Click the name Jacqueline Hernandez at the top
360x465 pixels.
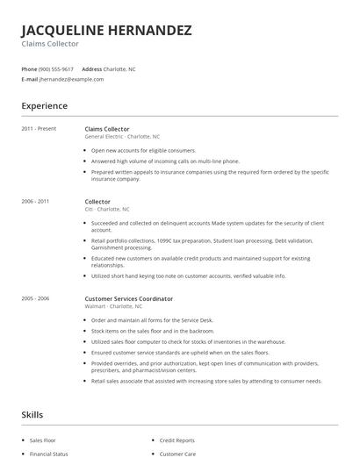coord(105,30)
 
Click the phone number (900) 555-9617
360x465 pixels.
coord(57,68)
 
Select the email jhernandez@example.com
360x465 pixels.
coord(71,79)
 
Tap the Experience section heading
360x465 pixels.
coord(44,106)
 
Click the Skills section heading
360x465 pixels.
coord(32,414)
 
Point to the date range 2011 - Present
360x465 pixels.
coord(38,129)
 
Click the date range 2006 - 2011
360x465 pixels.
coord(35,202)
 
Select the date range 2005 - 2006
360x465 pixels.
coord(35,298)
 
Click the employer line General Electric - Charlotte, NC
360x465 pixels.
coord(122,137)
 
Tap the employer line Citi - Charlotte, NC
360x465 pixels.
coord(106,210)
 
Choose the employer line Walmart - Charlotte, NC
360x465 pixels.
coord(113,306)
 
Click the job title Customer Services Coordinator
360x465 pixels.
coord(128,298)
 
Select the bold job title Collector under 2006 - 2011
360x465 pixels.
coord(97,202)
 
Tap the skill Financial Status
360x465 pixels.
coord(48,454)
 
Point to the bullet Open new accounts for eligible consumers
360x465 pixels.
coord(144,150)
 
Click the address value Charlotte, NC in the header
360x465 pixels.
coord(119,68)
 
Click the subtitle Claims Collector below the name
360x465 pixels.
coord(50,44)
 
